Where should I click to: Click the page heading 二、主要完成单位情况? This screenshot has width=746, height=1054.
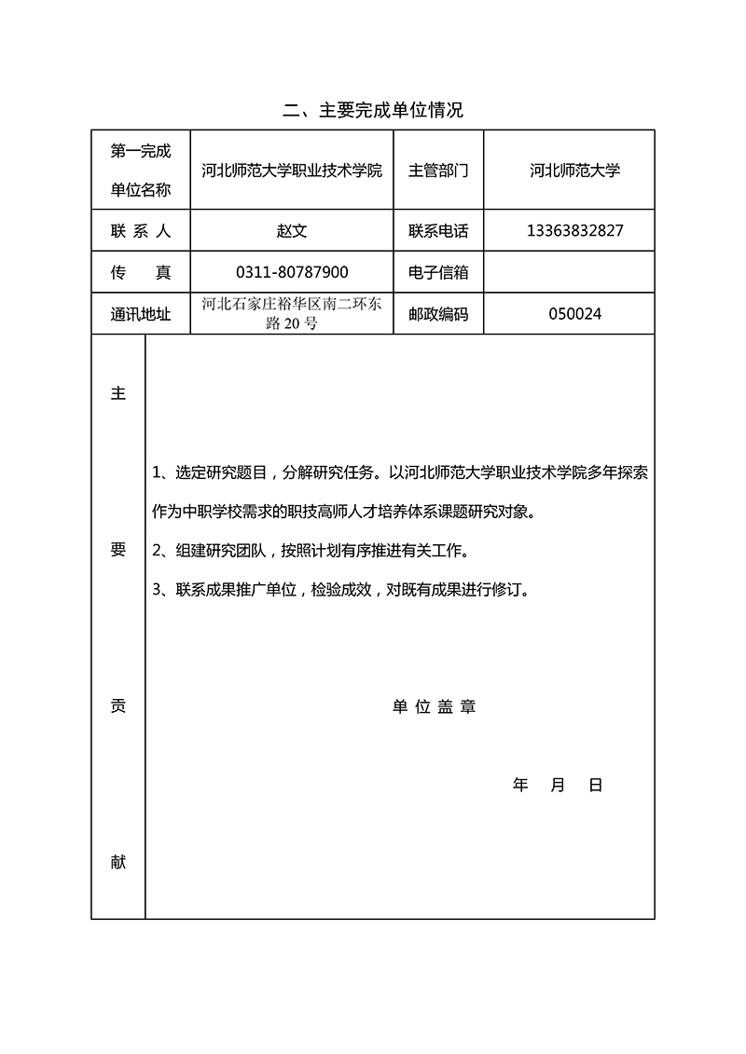[x=373, y=111]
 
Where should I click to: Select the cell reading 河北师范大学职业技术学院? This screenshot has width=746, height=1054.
[x=292, y=171]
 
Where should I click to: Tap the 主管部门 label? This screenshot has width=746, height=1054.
[x=438, y=171]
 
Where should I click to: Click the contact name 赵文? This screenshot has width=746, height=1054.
[x=292, y=231]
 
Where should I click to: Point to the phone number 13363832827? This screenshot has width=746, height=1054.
[x=574, y=231]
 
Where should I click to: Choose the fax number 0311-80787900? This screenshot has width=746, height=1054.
[x=292, y=272]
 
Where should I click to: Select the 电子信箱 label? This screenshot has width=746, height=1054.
[x=438, y=272]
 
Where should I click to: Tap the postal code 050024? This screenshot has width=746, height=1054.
[x=574, y=314]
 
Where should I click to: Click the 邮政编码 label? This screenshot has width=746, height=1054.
[x=438, y=314]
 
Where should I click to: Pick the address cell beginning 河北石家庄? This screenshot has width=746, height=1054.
[x=292, y=314]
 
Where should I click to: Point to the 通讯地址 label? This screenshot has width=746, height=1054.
[x=141, y=314]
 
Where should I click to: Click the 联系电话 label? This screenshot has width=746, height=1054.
[x=438, y=231]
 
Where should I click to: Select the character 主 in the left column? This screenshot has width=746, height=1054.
[x=118, y=393]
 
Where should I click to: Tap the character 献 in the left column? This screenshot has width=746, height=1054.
[x=118, y=863]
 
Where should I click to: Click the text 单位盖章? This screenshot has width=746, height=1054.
[x=434, y=707]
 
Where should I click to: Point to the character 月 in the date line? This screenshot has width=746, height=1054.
[x=558, y=786]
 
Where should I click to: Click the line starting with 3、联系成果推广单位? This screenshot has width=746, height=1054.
[x=341, y=590]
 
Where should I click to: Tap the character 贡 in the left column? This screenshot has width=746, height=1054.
[x=118, y=706]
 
